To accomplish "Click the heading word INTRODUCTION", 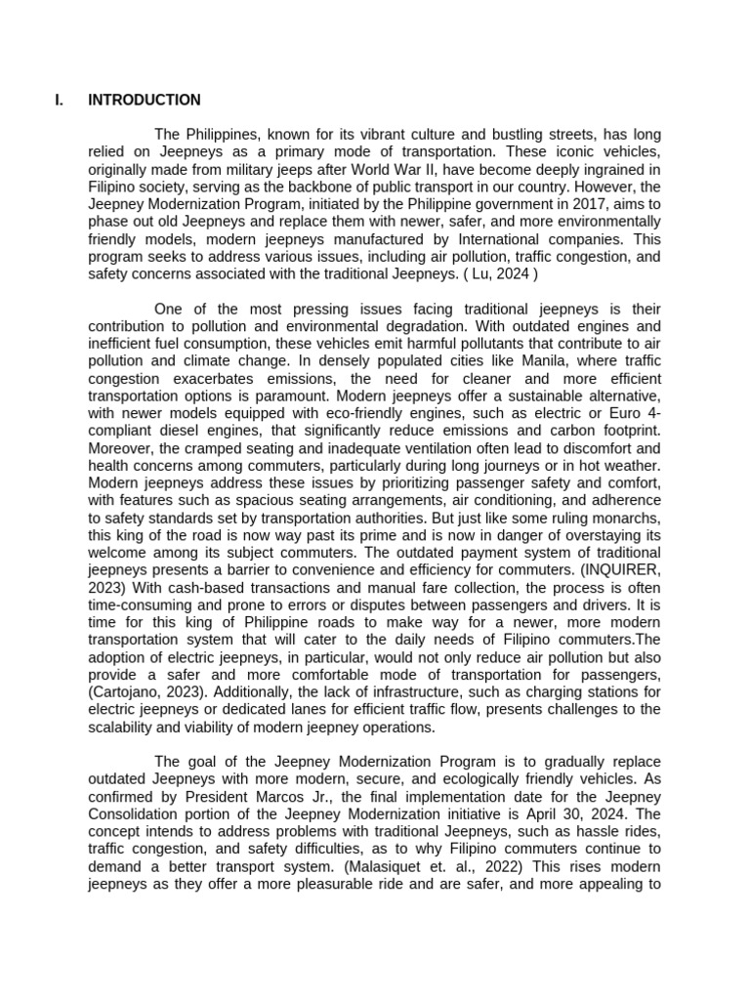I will click(x=144, y=100).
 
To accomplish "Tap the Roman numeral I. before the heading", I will click(x=59, y=100).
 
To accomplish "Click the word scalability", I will click(x=124, y=727).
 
